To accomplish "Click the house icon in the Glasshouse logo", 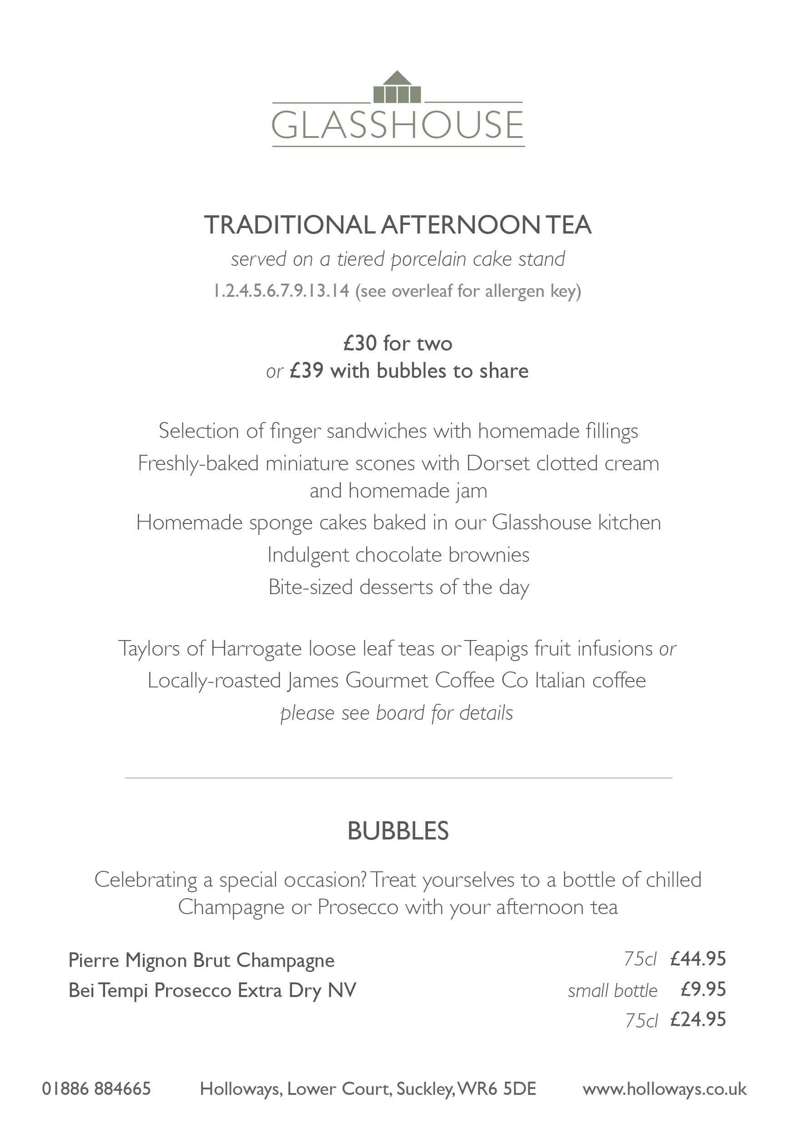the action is point(397,88).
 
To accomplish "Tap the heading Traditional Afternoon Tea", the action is point(397,225).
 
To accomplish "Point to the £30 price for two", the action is point(360,343).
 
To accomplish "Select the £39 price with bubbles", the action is point(307,371).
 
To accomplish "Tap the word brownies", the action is point(489,554).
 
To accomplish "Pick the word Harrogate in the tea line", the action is point(256,649).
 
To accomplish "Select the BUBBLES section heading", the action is point(397,831).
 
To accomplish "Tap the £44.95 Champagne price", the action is point(698,959).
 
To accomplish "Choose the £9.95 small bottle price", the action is point(703,989).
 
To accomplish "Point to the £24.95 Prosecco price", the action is point(698,1019).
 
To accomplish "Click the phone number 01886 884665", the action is point(96,1088).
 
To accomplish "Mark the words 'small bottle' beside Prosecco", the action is point(612,990).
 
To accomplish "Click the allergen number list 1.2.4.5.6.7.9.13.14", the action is point(281,290).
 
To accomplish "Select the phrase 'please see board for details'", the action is point(397,713).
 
